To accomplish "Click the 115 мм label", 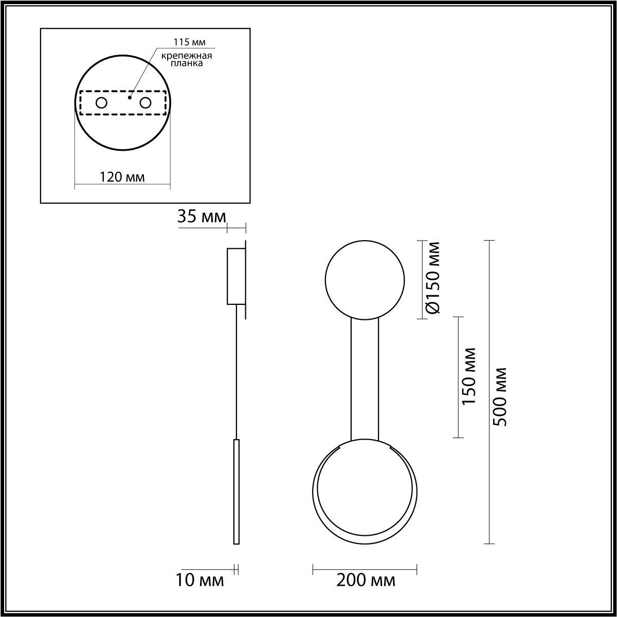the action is pyautogui.click(x=189, y=42).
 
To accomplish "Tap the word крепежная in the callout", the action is pyautogui.click(x=187, y=56).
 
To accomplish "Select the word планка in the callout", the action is pyautogui.click(x=187, y=63).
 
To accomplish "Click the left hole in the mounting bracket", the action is pyautogui.click(x=101, y=103).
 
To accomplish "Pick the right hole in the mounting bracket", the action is pyautogui.click(x=146, y=103).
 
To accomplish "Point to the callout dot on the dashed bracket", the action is pyautogui.click(x=130, y=97).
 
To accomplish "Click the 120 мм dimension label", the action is pyautogui.click(x=122, y=177).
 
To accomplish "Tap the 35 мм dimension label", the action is pyautogui.click(x=202, y=216).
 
